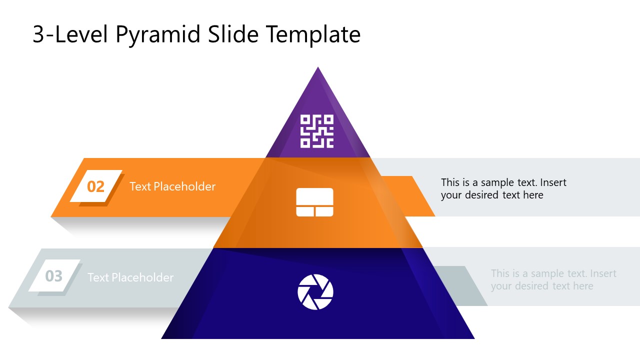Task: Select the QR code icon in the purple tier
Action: pos(316,131)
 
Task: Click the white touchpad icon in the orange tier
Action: pos(314,202)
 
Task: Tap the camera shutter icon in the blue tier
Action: pos(315,292)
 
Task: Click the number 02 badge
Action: pos(96,186)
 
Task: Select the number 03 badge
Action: pos(54,276)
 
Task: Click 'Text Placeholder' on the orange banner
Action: pos(172,186)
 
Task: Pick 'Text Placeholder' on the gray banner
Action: pos(130,277)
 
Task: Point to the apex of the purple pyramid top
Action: pos(318,67)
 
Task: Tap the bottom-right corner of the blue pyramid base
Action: pos(473,338)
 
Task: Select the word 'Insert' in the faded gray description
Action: pos(603,273)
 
